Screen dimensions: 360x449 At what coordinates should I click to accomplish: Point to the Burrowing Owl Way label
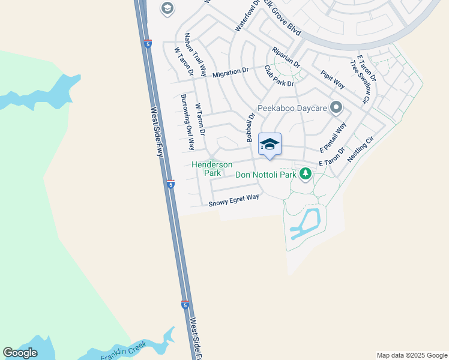pyautogui.click(x=187, y=122)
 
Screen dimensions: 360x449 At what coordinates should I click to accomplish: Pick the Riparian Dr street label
pyautogui.click(x=286, y=57)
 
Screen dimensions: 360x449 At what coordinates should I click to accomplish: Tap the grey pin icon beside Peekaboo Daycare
pyautogui.click(x=336, y=108)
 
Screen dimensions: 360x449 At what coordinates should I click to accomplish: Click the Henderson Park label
pyautogui.click(x=212, y=169)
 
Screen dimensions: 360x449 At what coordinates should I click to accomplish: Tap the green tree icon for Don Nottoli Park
pyautogui.click(x=306, y=174)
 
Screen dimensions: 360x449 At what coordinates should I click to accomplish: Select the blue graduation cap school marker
pyautogui.click(x=270, y=144)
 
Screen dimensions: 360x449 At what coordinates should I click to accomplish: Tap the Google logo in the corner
pyautogui.click(x=20, y=353)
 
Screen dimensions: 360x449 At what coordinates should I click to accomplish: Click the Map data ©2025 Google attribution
pyautogui.click(x=412, y=355)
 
